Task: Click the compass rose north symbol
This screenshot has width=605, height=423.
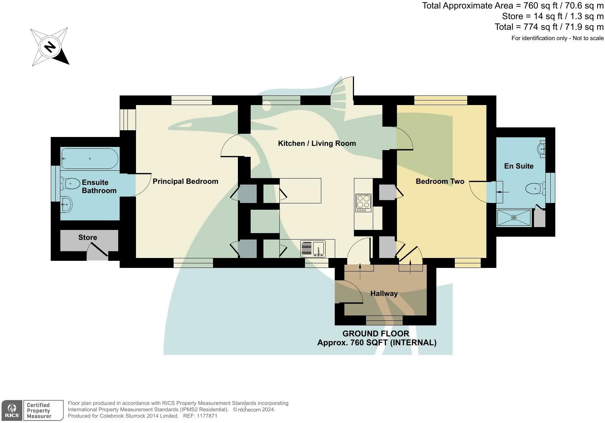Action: (50, 47)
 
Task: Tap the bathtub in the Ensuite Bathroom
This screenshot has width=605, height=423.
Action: (89, 159)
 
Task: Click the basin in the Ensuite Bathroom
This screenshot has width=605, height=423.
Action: (66, 204)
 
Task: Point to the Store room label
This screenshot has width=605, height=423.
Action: (88, 237)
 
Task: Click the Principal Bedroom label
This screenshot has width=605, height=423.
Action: (185, 181)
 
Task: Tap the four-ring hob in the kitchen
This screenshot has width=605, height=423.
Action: (363, 203)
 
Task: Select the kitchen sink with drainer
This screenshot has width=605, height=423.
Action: (313, 248)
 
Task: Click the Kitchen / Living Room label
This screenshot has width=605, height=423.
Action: (317, 143)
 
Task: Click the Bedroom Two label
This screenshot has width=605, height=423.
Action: (440, 181)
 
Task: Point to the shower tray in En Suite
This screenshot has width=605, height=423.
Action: (514, 218)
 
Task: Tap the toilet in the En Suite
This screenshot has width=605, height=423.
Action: (535, 188)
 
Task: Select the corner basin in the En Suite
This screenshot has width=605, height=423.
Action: (541, 148)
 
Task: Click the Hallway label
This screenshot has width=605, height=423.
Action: (384, 293)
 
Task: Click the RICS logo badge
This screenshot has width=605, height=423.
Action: (12, 411)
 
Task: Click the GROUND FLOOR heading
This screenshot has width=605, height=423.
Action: (376, 334)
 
